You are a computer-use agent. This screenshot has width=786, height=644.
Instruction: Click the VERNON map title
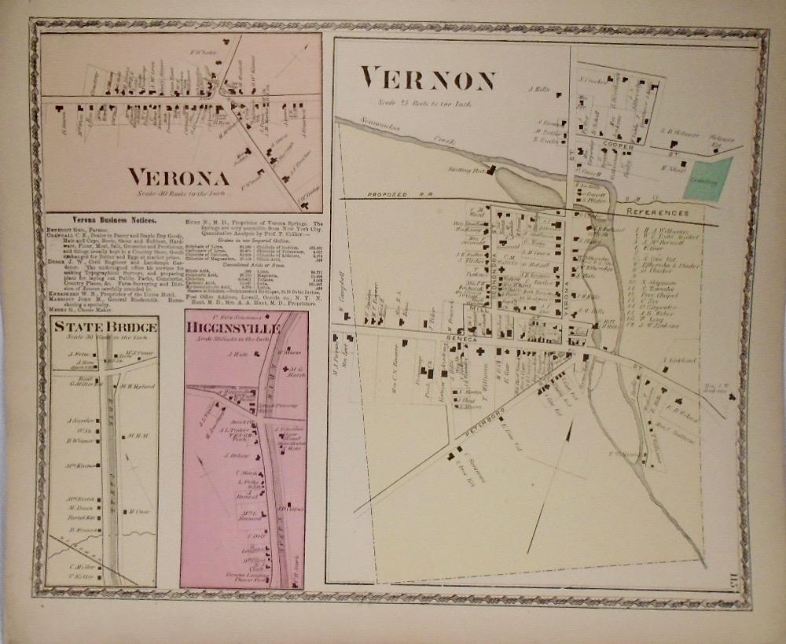pyautogui.click(x=428, y=80)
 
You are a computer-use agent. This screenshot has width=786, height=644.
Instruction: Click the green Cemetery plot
pyautogui.click(x=712, y=177)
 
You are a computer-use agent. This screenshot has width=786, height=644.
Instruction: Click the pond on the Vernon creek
pyautogui.click(x=528, y=186)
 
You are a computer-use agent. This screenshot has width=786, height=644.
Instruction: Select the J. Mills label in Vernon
pyautogui.click(x=539, y=91)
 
